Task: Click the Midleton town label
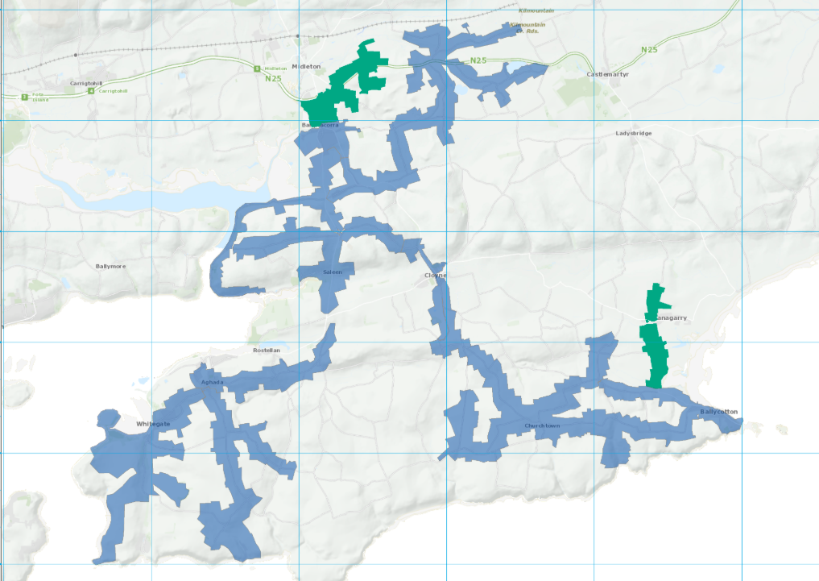click(x=306, y=66)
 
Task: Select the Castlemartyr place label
click(x=606, y=74)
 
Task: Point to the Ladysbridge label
click(x=634, y=133)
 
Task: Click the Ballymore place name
click(x=111, y=265)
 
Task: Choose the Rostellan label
click(x=266, y=351)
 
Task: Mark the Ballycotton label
click(x=718, y=412)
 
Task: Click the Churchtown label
click(x=541, y=425)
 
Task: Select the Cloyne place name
click(x=435, y=276)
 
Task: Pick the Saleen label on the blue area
click(x=333, y=272)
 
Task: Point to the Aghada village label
click(x=212, y=383)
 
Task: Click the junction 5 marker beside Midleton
click(x=257, y=68)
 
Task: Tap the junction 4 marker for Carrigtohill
click(x=91, y=90)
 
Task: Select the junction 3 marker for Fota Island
click(x=25, y=97)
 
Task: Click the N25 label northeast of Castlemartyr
click(x=649, y=50)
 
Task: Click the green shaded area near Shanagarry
click(x=657, y=347)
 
